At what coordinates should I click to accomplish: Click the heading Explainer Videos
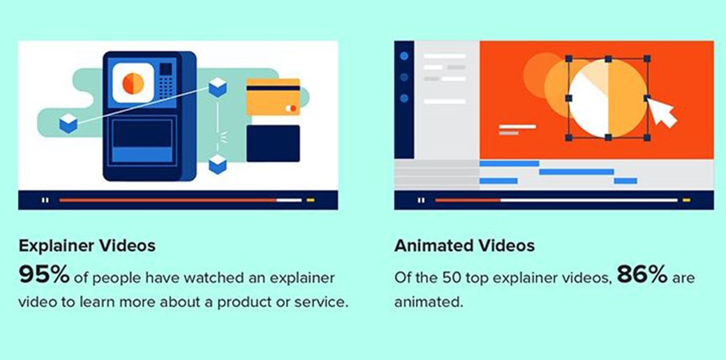[x=87, y=246]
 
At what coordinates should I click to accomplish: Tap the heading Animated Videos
[x=464, y=246]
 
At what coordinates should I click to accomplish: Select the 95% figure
[x=44, y=276]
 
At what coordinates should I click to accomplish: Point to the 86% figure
[x=642, y=276]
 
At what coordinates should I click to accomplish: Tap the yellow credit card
[x=273, y=97]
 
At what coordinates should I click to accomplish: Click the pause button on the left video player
[x=45, y=200]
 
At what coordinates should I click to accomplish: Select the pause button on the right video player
[x=421, y=200]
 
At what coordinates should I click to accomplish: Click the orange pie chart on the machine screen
[x=133, y=83]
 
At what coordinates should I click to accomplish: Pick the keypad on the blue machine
[x=165, y=82]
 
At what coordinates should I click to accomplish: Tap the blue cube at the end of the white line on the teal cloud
[x=68, y=123]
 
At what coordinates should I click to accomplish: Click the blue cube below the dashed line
[x=217, y=164]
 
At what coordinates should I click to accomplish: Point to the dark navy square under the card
[x=273, y=144]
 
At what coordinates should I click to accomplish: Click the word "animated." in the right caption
[x=429, y=303]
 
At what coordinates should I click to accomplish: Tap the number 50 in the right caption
[x=452, y=278]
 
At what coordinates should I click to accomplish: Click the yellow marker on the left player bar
[x=310, y=200]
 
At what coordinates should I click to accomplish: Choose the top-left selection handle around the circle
[x=569, y=59]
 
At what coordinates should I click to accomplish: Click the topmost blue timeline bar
[x=510, y=163]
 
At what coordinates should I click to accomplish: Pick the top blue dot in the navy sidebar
[x=404, y=56]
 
